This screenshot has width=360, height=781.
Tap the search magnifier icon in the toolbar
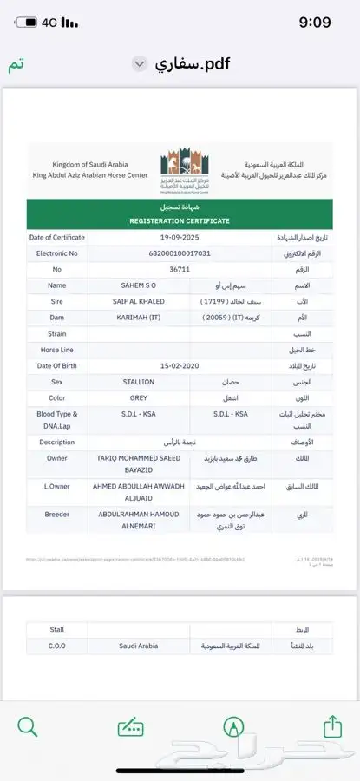pyautogui.click(x=28, y=726)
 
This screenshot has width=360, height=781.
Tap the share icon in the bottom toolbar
pyautogui.click(x=332, y=726)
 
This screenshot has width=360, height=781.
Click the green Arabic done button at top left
pyautogui.click(x=16, y=66)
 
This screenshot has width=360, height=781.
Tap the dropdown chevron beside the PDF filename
pyautogui.click(x=139, y=64)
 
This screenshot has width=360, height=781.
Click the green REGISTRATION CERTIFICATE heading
pyautogui.click(x=180, y=220)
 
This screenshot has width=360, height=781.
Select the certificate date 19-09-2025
pyautogui.click(x=180, y=237)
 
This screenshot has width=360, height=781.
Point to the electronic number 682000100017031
pyautogui.click(x=180, y=253)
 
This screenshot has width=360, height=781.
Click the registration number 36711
pyautogui.click(x=180, y=269)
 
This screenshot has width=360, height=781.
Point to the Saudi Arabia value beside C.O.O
pyautogui.click(x=140, y=646)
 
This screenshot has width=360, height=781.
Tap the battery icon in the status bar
pyautogui.click(x=29, y=22)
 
